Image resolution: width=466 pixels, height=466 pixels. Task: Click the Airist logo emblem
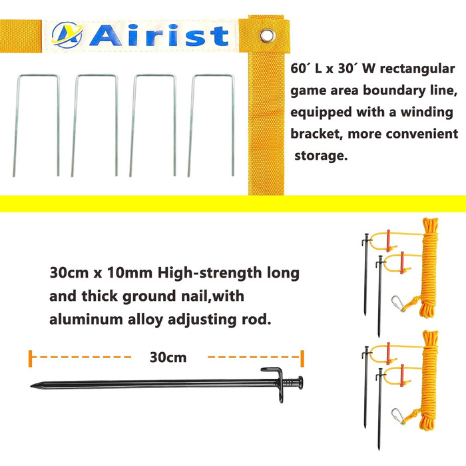[67, 35]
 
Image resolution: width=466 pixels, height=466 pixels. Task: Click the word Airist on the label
[159, 36]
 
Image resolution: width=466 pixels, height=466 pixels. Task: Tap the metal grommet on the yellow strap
[267, 36]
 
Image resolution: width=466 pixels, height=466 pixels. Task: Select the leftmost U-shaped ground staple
[37, 125]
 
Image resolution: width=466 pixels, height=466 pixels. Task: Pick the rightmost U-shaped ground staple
[211, 125]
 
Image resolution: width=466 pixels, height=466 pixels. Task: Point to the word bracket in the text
[316, 134]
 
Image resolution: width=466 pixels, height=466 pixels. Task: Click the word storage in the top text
[321, 156]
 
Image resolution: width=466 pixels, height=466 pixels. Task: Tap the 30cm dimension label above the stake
[168, 357]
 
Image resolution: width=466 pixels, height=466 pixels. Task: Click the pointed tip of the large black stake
[31, 385]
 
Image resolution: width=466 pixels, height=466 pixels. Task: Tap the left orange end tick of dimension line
[31, 358]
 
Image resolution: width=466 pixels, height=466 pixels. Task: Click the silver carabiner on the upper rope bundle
[399, 304]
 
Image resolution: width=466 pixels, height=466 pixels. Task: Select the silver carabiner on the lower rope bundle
[399, 416]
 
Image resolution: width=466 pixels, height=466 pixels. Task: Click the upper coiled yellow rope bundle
[429, 268]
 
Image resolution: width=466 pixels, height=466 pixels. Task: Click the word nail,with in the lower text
[214, 296]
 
